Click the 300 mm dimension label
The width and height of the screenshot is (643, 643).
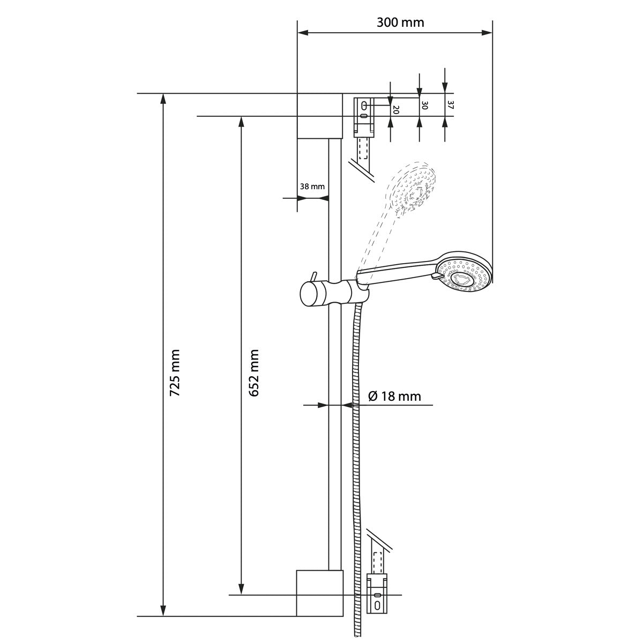(x=400, y=23)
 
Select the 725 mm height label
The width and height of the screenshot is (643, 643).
(x=175, y=373)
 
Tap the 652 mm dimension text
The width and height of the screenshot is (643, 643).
(x=254, y=373)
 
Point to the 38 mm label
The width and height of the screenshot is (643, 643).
(x=312, y=186)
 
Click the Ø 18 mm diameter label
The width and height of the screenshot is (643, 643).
(x=394, y=397)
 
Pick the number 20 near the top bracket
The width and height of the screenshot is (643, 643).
(x=396, y=110)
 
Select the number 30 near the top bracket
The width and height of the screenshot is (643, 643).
(x=425, y=106)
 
